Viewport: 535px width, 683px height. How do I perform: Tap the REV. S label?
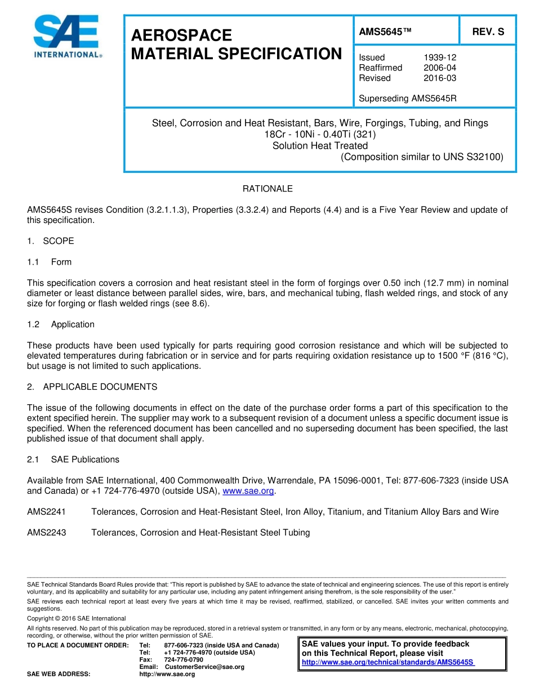[x=488, y=32]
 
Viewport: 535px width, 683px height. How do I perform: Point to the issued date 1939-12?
[x=439, y=57]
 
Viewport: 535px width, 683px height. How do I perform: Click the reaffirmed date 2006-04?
[x=439, y=68]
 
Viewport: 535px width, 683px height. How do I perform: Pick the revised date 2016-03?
[x=439, y=78]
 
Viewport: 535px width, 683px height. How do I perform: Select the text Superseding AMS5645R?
[x=407, y=99]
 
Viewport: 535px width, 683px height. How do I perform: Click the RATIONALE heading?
[x=267, y=189]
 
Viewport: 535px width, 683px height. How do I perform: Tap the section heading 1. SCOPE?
[x=51, y=241]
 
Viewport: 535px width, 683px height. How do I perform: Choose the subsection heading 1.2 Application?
[x=61, y=324]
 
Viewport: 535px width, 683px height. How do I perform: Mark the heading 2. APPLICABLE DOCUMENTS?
[x=92, y=387]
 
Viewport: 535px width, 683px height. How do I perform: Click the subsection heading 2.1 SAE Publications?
[x=73, y=459]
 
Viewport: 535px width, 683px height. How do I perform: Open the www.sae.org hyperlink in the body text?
[x=248, y=491]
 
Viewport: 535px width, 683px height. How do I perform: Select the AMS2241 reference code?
[x=47, y=512]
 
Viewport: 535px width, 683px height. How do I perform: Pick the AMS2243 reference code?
[x=47, y=533]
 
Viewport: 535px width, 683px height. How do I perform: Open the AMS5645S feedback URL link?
[x=388, y=662]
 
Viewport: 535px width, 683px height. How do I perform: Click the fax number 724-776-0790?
[x=184, y=659]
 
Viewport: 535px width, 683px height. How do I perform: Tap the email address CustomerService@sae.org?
[x=204, y=667]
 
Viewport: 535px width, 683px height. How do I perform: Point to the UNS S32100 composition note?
[x=422, y=157]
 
